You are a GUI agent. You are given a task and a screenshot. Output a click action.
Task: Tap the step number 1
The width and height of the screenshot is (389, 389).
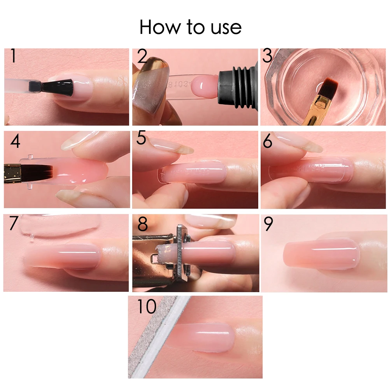13,56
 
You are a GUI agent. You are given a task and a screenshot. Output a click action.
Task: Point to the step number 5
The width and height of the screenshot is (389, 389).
141,139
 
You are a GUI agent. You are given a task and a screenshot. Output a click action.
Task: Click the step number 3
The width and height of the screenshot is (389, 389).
267,56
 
